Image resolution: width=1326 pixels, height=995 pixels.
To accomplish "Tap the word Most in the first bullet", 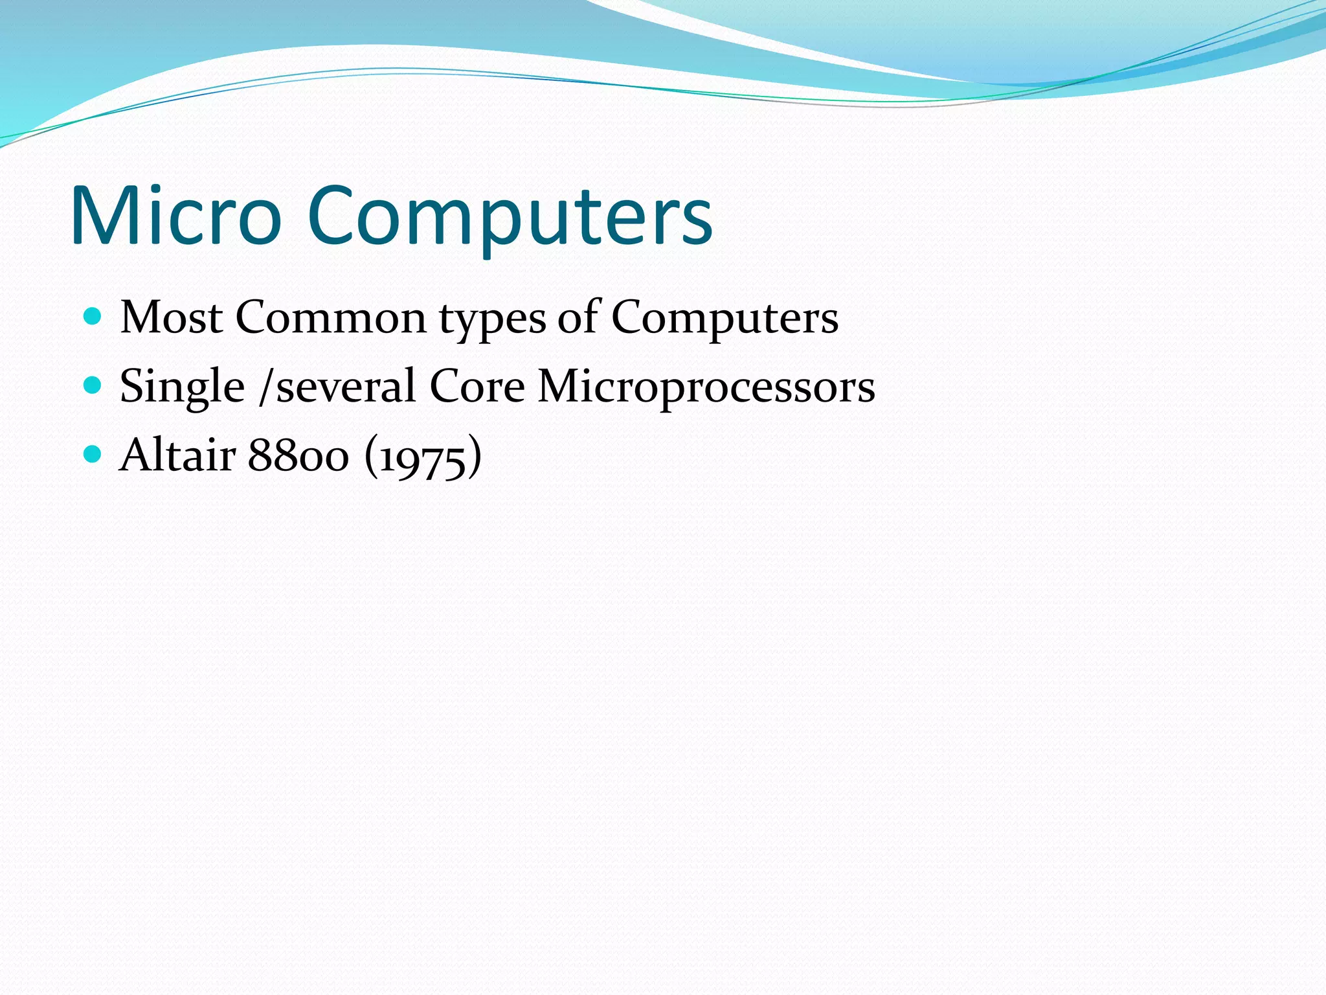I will point(172,317).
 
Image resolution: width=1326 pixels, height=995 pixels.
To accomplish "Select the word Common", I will point(331,317).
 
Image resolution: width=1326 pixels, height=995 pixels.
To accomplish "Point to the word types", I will point(492,321).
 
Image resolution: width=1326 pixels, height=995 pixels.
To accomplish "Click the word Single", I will point(182,387).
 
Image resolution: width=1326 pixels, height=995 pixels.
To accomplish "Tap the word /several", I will point(337,387).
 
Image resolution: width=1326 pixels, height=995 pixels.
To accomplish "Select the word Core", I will point(477,387).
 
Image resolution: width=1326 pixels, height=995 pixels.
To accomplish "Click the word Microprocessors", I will point(706,387).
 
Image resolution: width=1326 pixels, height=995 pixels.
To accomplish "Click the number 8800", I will point(298,455).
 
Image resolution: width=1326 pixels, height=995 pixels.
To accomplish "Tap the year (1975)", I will point(423,457).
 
